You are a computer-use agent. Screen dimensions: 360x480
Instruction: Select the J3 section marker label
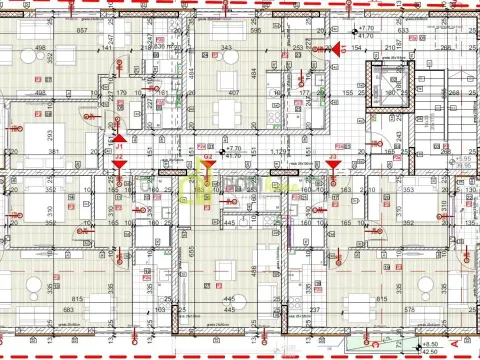(332, 156)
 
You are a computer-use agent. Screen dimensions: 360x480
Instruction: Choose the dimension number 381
(57, 152)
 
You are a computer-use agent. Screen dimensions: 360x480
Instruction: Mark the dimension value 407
(232, 94)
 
